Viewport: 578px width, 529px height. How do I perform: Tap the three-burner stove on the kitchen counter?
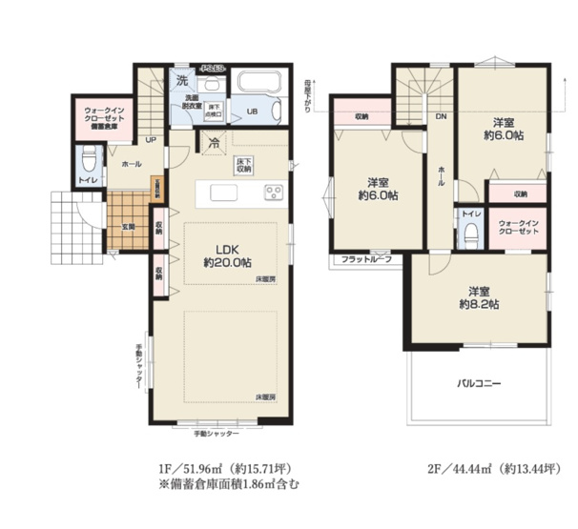pyautogui.click(x=274, y=193)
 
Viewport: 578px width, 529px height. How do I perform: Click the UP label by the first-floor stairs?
pyautogui.click(x=150, y=141)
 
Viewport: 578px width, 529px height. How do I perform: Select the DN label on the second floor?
pyautogui.click(x=442, y=116)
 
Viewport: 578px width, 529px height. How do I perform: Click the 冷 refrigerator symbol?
pyautogui.click(x=214, y=145)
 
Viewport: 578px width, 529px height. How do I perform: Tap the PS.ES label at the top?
pyautogui.click(x=212, y=68)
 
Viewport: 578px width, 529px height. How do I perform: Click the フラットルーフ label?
pyautogui.click(x=367, y=258)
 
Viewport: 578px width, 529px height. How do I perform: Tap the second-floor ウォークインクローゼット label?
pyautogui.click(x=519, y=230)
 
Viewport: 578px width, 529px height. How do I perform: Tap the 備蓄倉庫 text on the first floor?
pyautogui.click(x=103, y=126)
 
